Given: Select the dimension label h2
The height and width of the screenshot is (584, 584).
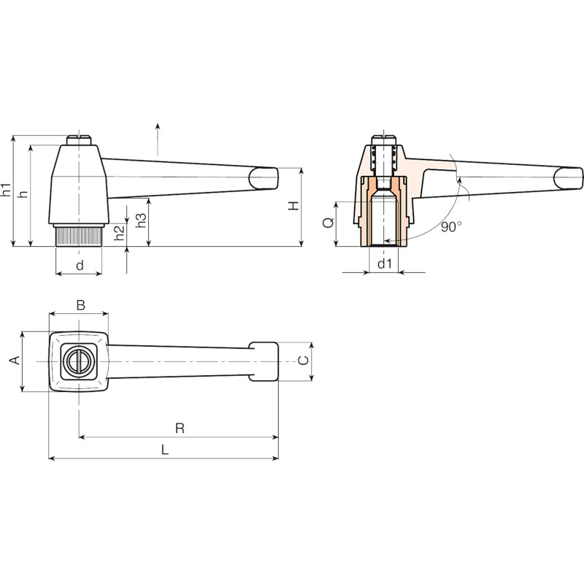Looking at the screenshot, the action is (119, 233).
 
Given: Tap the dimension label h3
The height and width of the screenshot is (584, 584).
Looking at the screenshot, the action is (141, 220).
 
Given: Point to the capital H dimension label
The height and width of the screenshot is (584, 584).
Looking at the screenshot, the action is (294, 206).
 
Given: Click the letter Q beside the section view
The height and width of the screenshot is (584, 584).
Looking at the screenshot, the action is (328, 223).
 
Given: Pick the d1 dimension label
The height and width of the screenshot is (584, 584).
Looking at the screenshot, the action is (385, 264).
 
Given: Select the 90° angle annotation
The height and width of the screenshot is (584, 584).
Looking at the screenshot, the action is (451, 226).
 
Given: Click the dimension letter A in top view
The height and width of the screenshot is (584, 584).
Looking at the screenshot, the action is (15, 360).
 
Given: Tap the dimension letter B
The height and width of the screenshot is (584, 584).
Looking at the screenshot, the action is (80, 304).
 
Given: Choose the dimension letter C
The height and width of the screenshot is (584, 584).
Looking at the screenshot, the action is (304, 360).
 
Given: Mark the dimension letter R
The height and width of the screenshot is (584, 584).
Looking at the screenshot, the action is (180, 429).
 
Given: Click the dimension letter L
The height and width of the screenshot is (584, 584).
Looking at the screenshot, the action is (165, 450).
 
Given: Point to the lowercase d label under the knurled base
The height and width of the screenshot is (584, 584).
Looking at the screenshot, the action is (80, 265).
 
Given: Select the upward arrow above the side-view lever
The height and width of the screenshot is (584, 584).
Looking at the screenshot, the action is (158, 139).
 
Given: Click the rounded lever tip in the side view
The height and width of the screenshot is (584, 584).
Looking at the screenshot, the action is (264, 178).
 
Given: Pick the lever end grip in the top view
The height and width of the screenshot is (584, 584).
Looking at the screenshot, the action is (264, 361).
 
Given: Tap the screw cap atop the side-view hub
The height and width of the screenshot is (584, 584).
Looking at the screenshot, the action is (79, 140).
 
